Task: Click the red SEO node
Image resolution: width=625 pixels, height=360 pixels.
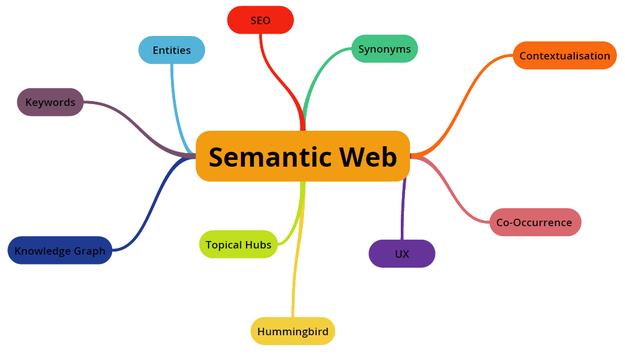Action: (x=261, y=20)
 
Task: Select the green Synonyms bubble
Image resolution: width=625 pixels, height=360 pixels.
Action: (x=383, y=48)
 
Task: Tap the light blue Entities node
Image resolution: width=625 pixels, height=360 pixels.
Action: (x=171, y=50)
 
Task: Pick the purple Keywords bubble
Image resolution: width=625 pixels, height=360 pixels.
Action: (x=50, y=102)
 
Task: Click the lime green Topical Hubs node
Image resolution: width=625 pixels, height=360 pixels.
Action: (x=238, y=244)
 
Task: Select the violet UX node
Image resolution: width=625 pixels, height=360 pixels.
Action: (x=402, y=254)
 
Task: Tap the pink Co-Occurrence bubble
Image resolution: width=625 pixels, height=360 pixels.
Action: (x=534, y=222)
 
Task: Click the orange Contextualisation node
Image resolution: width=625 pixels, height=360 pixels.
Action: (x=564, y=56)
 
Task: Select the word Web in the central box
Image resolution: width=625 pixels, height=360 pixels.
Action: (x=368, y=157)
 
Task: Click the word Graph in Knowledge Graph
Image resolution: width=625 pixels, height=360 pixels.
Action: (x=87, y=250)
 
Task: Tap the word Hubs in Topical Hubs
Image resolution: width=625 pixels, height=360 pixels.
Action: (x=258, y=244)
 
